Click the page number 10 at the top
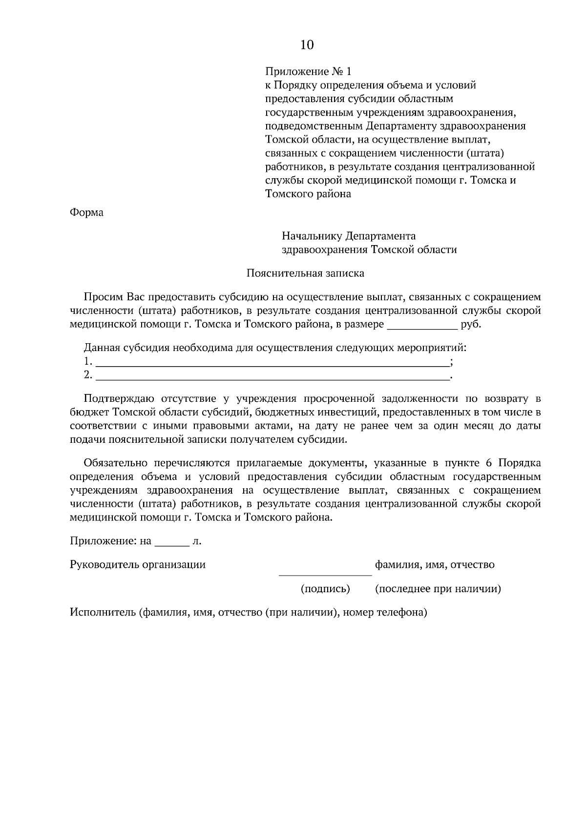(x=307, y=45)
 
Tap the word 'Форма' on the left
(x=87, y=213)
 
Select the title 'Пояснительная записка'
(x=305, y=273)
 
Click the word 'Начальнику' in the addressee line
(x=312, y=236)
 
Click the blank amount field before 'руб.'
(x=422, y=325)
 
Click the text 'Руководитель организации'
(x=138, y=565)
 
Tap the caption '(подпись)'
(x=325, y=589)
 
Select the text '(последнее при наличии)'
(x=438, y=589)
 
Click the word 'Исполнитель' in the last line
(x=103, y=612)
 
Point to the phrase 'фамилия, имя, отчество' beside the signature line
(x=435, y=565)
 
